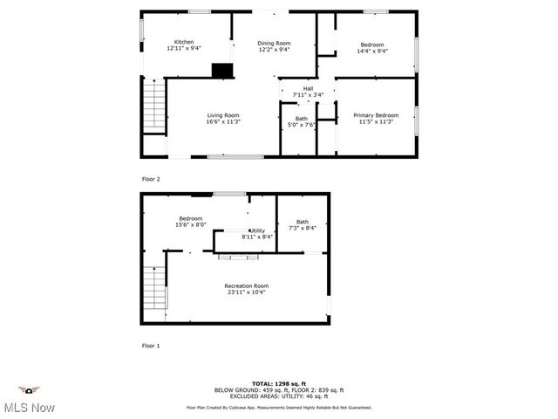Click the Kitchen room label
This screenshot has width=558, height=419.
[184, 42]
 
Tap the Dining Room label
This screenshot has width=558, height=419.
[274, 43]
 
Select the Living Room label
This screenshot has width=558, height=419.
[223, 115]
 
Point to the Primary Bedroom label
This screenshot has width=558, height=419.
[376, 115]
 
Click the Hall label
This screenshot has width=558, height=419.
[308, 88]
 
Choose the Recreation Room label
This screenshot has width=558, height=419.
[246, 286]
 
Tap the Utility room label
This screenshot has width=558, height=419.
[258, 230]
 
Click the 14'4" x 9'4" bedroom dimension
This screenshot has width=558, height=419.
[372, 51]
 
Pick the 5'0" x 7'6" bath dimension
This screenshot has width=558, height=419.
[302, 125]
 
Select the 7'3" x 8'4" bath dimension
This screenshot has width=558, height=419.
[303, 228]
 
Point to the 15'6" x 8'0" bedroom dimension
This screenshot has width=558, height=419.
[191, 224]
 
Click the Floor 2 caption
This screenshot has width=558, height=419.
[151, 179]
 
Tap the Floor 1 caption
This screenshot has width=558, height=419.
[151, 346]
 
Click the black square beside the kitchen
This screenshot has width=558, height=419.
[223, 71]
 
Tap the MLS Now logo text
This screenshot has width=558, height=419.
[28, 407]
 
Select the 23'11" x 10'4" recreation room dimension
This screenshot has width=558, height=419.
[246, 292]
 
